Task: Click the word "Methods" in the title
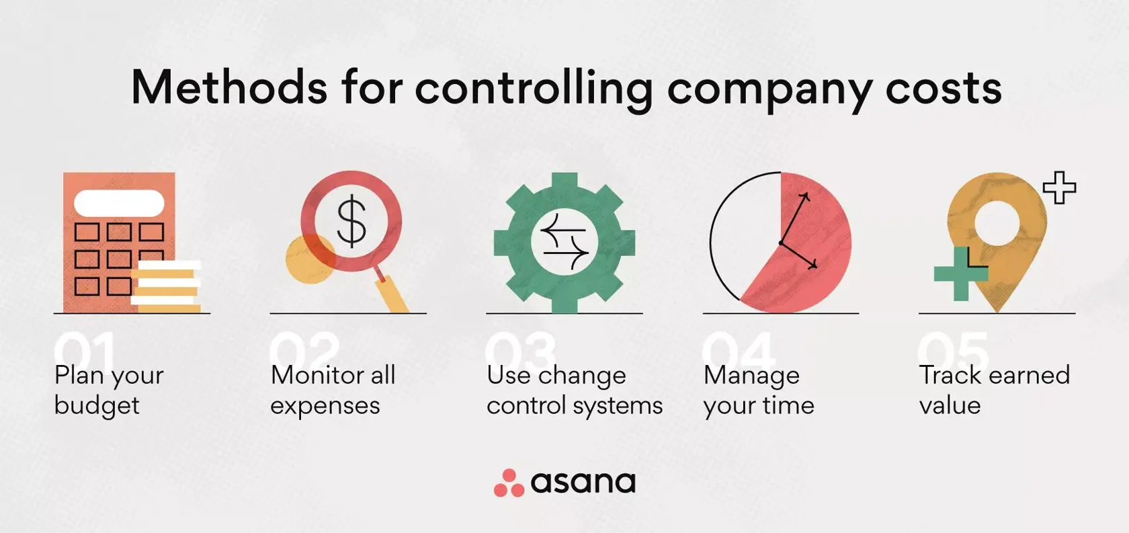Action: (x=228, y=88)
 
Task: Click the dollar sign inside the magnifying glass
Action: (x=351, y=220)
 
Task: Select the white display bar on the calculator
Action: (x=119, y=203)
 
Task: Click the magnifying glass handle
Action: (x=394, y=293)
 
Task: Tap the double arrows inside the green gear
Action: (x=564, y=242)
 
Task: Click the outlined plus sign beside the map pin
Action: (x=1059, y=188)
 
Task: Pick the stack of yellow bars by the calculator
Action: (x=167, y=286)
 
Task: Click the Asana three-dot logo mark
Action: (x=509, y=483)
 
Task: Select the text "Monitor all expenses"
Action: (x=333, y=391)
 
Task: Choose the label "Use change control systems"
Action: (x=575, y=391)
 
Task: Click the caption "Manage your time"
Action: (x=759, y=391)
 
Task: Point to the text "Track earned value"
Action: (x=994, y=391)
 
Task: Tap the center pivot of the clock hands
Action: (x=781, y=243)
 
